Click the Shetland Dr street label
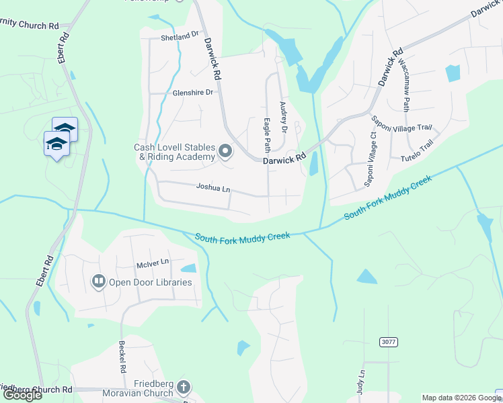pyautogui.click(x=180, y=37)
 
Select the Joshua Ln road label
pyautogui.click(x=213, y=189)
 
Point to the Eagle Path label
pyautogui.click(x=266, y=135)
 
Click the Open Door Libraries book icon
pyautogui.click(x=99, y=281)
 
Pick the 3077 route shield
pyautogui.click(x=389, y=342)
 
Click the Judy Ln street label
pyautogui.click(x=362, y=382)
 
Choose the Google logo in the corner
pyautogui.click(x=23, y=395)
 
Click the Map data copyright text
pyautogui.click(x=461, y=398)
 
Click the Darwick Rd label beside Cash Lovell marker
pyautogui.click(x=284, y=160)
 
